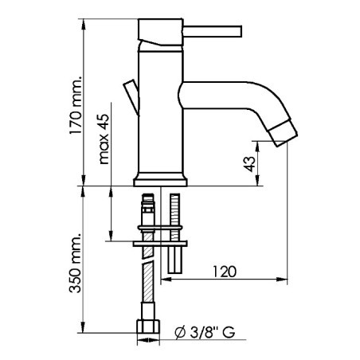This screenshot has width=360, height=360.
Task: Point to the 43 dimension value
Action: click(x=248, y=165)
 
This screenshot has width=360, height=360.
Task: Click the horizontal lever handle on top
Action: click(x=213, y=32)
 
